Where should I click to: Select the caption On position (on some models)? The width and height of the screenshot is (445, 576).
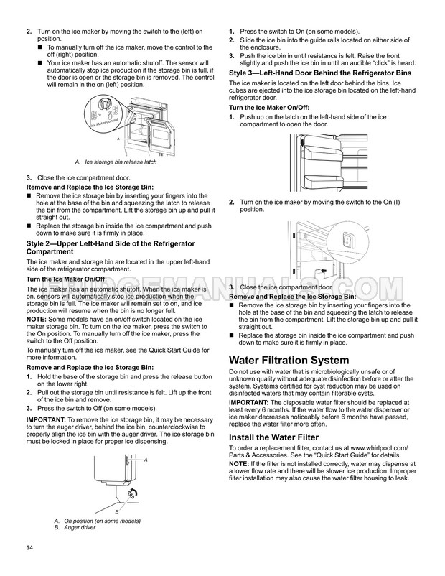(x=102, y=521)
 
